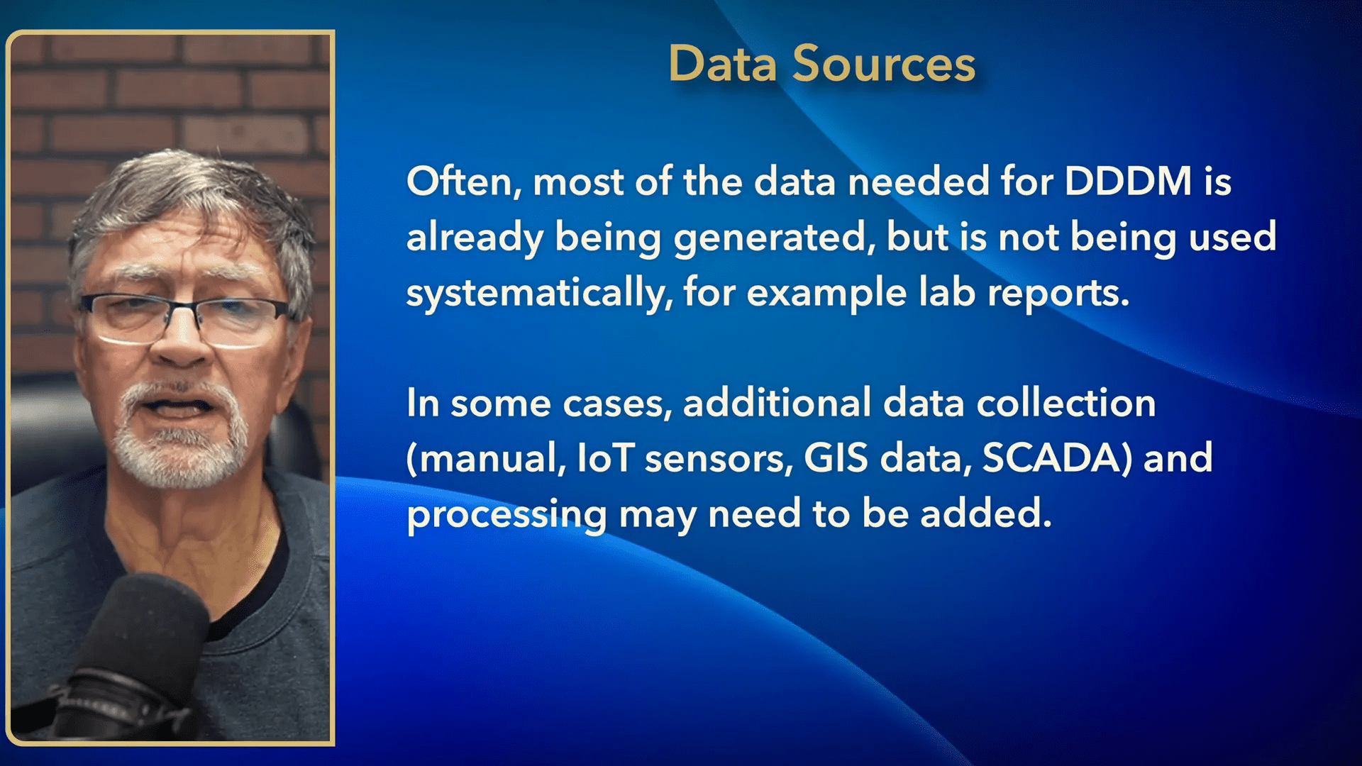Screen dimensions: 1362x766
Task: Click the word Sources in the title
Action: coord(884,64)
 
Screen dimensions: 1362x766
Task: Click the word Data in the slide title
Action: coord(723,64)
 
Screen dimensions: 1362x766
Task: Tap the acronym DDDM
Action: coord(1128,182)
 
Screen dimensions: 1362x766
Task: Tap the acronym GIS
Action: coord(836,458)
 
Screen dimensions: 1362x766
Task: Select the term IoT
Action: coord(605,458)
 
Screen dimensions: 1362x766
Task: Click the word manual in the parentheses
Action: coord(492,459)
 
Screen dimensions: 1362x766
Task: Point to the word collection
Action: coord(1066,403)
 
